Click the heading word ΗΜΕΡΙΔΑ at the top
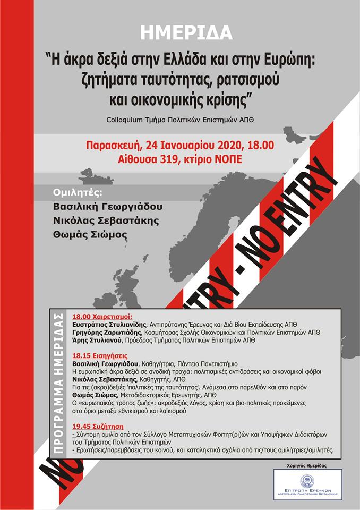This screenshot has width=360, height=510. coord(187,33)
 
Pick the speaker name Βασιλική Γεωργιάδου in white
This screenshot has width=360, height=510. coord(107,207)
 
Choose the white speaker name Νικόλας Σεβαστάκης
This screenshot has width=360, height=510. coord(104,220)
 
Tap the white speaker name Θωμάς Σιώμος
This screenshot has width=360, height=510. coord(90,234)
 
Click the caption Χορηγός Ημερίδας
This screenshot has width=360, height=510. coord(307,465)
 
